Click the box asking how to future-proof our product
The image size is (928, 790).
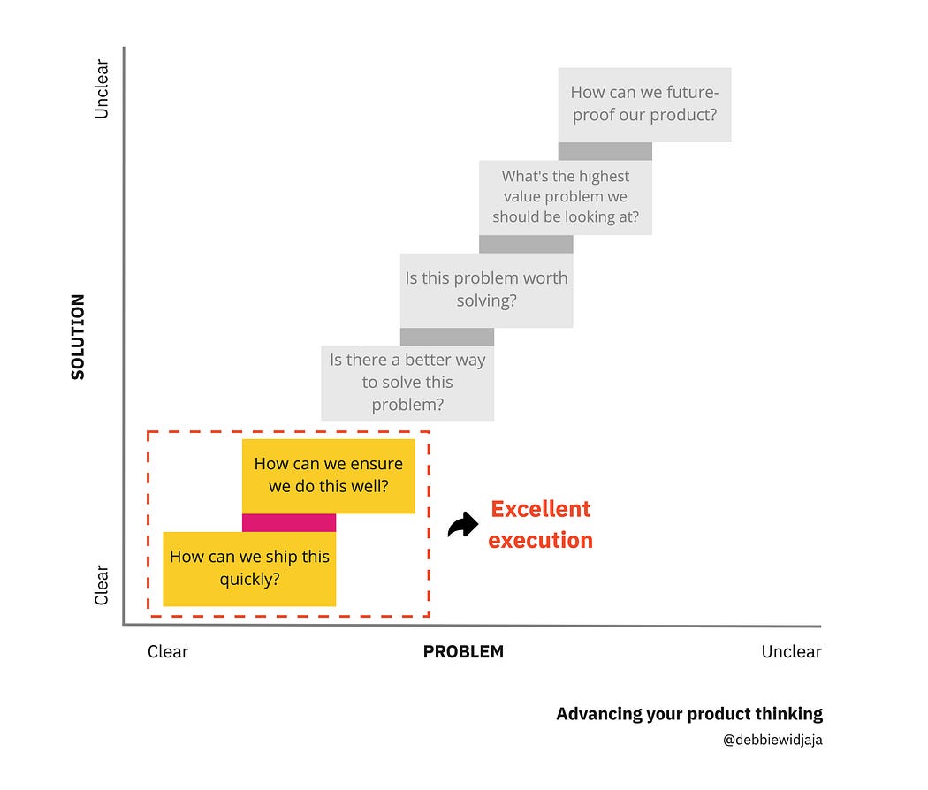coord(644,104)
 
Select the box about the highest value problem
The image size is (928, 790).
coord(566,197)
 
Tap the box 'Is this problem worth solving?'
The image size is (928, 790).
coord(486,290)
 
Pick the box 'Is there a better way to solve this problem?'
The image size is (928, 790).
coord(407,383)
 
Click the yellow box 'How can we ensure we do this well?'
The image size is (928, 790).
coord(329,475)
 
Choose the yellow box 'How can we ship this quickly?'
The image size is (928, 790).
coord(249,568)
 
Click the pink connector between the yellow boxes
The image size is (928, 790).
coord(289,522)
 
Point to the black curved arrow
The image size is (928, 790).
coord(462,526)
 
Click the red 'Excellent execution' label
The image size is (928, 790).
coord(540,525)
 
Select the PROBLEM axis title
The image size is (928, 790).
coord(463,652)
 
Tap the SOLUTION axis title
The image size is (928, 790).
coord(78,337)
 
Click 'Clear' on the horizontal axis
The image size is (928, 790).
coord(168,652)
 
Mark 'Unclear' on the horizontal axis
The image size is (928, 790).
coord(791,652)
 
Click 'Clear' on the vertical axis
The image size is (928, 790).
coord(102,585)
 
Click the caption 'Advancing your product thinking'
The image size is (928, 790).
coord(689,714)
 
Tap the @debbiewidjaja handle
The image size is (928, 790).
coord(772,741)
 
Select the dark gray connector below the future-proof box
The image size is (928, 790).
coord(605,151)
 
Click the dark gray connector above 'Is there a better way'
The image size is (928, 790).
coord(447,337)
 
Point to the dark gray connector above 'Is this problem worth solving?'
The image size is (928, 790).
coord(526,244)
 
